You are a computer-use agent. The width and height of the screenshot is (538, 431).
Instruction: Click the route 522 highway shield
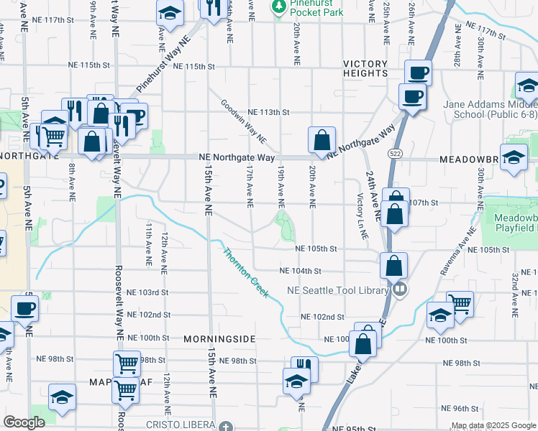click(393, 153)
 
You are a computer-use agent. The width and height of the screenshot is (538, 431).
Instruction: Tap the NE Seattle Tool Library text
click(337, 290)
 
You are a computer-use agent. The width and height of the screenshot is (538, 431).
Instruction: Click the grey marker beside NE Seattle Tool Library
click(401, 290)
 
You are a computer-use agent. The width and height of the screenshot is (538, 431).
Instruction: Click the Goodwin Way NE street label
click(244, 120)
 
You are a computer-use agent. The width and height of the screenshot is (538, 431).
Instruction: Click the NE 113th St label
click(268, 113)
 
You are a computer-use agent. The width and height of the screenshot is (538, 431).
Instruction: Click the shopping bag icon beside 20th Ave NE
click(322, 140)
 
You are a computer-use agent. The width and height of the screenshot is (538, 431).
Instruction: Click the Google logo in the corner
click(24, 423)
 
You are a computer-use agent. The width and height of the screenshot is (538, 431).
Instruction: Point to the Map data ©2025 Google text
click(493, 426)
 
